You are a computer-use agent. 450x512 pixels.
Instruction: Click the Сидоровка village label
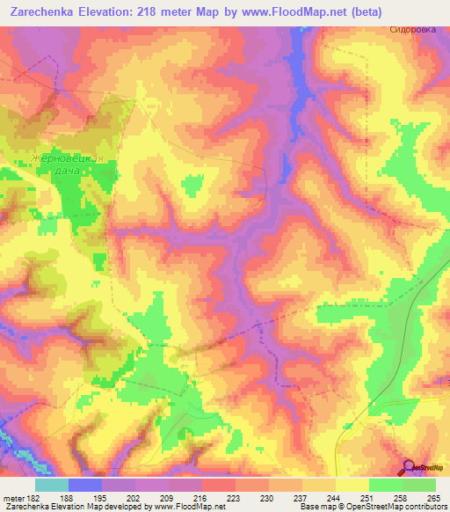coord(412,29)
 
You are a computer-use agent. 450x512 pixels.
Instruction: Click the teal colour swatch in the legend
coord(52,485)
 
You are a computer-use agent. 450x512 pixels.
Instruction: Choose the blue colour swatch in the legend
coord(85,485)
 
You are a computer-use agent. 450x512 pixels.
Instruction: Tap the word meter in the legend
coord(13,498)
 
